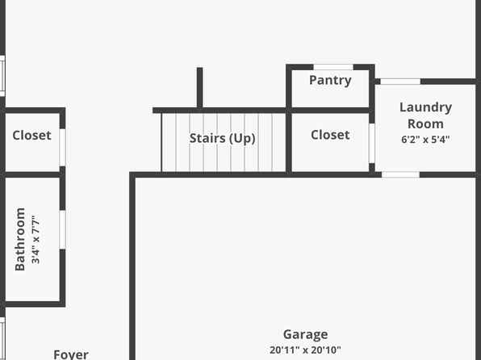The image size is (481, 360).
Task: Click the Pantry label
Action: (x=330, y=81)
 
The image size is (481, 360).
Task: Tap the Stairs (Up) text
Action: (x=223, y=138)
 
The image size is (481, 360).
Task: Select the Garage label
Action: (x=306, y=334)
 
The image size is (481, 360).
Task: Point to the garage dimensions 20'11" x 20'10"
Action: (x=306, y=350)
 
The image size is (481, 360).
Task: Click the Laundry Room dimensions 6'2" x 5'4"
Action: (x=425, y=140)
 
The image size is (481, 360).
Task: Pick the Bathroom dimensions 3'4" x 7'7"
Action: (x=36, y=240)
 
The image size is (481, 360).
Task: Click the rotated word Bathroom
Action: (x=20, y=240)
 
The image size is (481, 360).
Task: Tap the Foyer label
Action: (x=71, y=354)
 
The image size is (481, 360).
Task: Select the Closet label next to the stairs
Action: (x=330, y=135)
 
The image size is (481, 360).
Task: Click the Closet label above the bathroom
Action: (x=32, y=136)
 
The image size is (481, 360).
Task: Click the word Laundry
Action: (x=426, y=107)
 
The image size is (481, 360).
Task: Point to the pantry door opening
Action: (x=333, y=67)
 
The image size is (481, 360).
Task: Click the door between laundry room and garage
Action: (x=400, y=174)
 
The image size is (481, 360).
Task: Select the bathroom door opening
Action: (x=62, y=229)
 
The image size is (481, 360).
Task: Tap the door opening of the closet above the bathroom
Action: (x=62, y=148)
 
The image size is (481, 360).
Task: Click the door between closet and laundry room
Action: (x=372, y=144)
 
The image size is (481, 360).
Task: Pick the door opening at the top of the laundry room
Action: (x=400, y=82)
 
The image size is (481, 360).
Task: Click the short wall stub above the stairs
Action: (x=199, y=87)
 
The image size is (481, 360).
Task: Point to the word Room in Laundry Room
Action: (x=425, y=124)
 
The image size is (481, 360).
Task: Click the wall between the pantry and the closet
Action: (x=330, y=111)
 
